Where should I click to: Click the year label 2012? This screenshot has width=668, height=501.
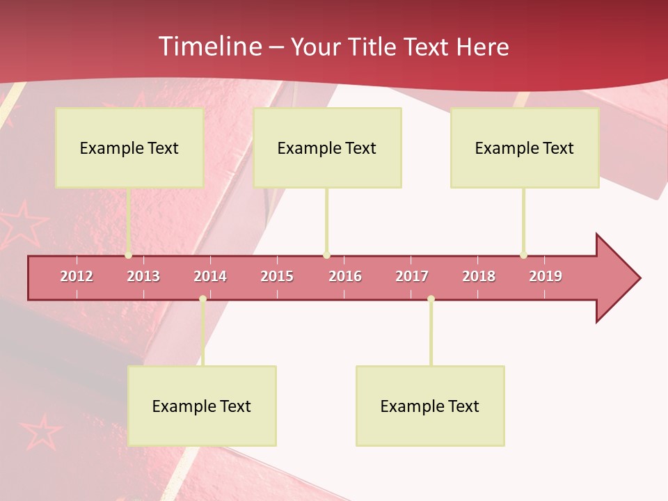[77, 276]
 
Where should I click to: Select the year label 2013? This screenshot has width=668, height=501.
[143, 276]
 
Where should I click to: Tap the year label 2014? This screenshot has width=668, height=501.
[210, 276]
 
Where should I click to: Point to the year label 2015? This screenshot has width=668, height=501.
[277, 276]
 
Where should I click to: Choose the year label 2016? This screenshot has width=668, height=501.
[345, 276]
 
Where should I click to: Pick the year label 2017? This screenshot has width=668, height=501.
[412, 276]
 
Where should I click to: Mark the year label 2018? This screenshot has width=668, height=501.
[479, 276]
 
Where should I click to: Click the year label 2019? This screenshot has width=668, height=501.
[546, 276]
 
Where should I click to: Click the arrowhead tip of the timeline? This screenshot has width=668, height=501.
[639, 278]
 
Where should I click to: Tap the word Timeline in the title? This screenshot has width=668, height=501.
[208, 47]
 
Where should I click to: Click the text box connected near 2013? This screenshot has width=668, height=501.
[129, 148]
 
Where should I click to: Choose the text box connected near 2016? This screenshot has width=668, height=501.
[327, 148]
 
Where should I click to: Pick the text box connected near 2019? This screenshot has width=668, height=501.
[525, 148]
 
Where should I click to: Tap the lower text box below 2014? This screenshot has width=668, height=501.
[202, 406]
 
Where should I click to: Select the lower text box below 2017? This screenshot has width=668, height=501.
[430, 406]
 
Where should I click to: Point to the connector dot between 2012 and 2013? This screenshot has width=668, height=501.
[129, 255]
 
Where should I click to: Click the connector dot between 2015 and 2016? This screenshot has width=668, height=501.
[326, 255]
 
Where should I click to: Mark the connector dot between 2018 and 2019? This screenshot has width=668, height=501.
[523, 255]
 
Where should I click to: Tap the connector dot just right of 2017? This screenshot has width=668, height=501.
[431, 299]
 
